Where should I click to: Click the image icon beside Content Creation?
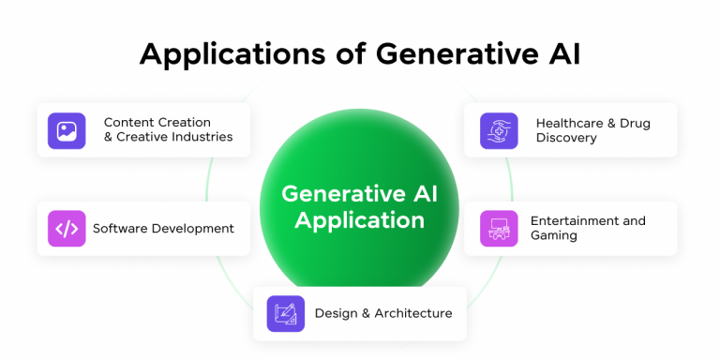coord(67,131)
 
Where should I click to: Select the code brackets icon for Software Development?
coord(67,228)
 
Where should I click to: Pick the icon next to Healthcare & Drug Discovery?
coord(499,131)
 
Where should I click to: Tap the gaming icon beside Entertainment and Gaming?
coord(499,228)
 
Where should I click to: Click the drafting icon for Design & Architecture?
coord(285,313)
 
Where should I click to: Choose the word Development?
coord(192,228)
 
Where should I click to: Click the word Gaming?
coord(554,235)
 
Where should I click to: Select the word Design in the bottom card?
coord(335,313)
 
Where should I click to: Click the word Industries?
coord(202,137)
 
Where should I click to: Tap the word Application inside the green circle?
coord(359,221)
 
